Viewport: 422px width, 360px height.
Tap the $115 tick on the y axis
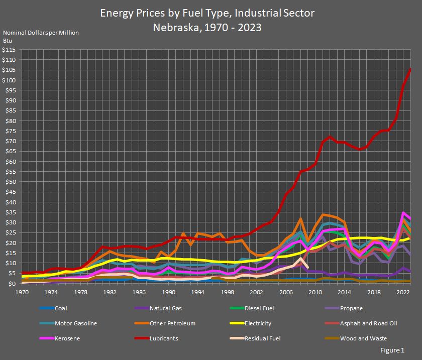pyautogui.click(x=10, y=50)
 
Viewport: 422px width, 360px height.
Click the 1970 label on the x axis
pyautogui.click(x=22, y=292)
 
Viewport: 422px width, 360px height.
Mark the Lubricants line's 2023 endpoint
pyautogui.click(x=410, y=69)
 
